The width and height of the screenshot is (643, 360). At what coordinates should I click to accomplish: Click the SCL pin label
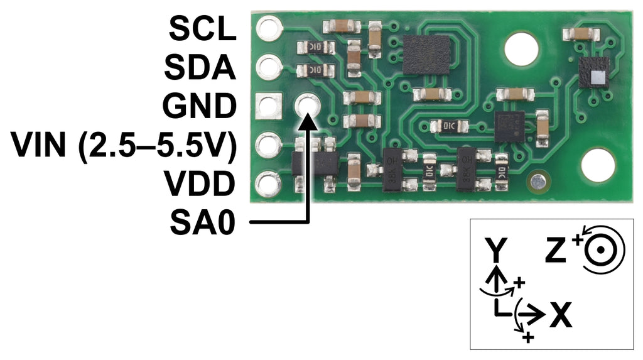(203, 29)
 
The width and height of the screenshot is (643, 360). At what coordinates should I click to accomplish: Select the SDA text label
(200, 67)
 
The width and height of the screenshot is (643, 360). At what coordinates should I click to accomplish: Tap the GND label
(199, 106)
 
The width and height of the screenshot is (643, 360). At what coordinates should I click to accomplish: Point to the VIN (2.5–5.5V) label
(124, 145)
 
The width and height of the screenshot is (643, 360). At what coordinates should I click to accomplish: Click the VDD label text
(200, 183)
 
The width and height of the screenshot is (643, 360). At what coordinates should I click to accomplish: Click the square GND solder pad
(269, 106)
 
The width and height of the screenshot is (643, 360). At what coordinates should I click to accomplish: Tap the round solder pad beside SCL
(269, 28)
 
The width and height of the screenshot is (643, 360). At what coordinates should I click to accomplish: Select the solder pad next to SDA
(269, 67)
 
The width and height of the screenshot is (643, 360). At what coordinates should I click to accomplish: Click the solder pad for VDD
(268, 183)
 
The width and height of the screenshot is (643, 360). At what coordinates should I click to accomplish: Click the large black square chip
(426, 55)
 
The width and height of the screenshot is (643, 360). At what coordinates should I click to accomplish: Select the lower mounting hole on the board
(598, 165)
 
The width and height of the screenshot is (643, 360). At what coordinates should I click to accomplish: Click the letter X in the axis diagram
(561, 315)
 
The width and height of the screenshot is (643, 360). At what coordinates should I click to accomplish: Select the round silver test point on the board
(538, 182)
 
